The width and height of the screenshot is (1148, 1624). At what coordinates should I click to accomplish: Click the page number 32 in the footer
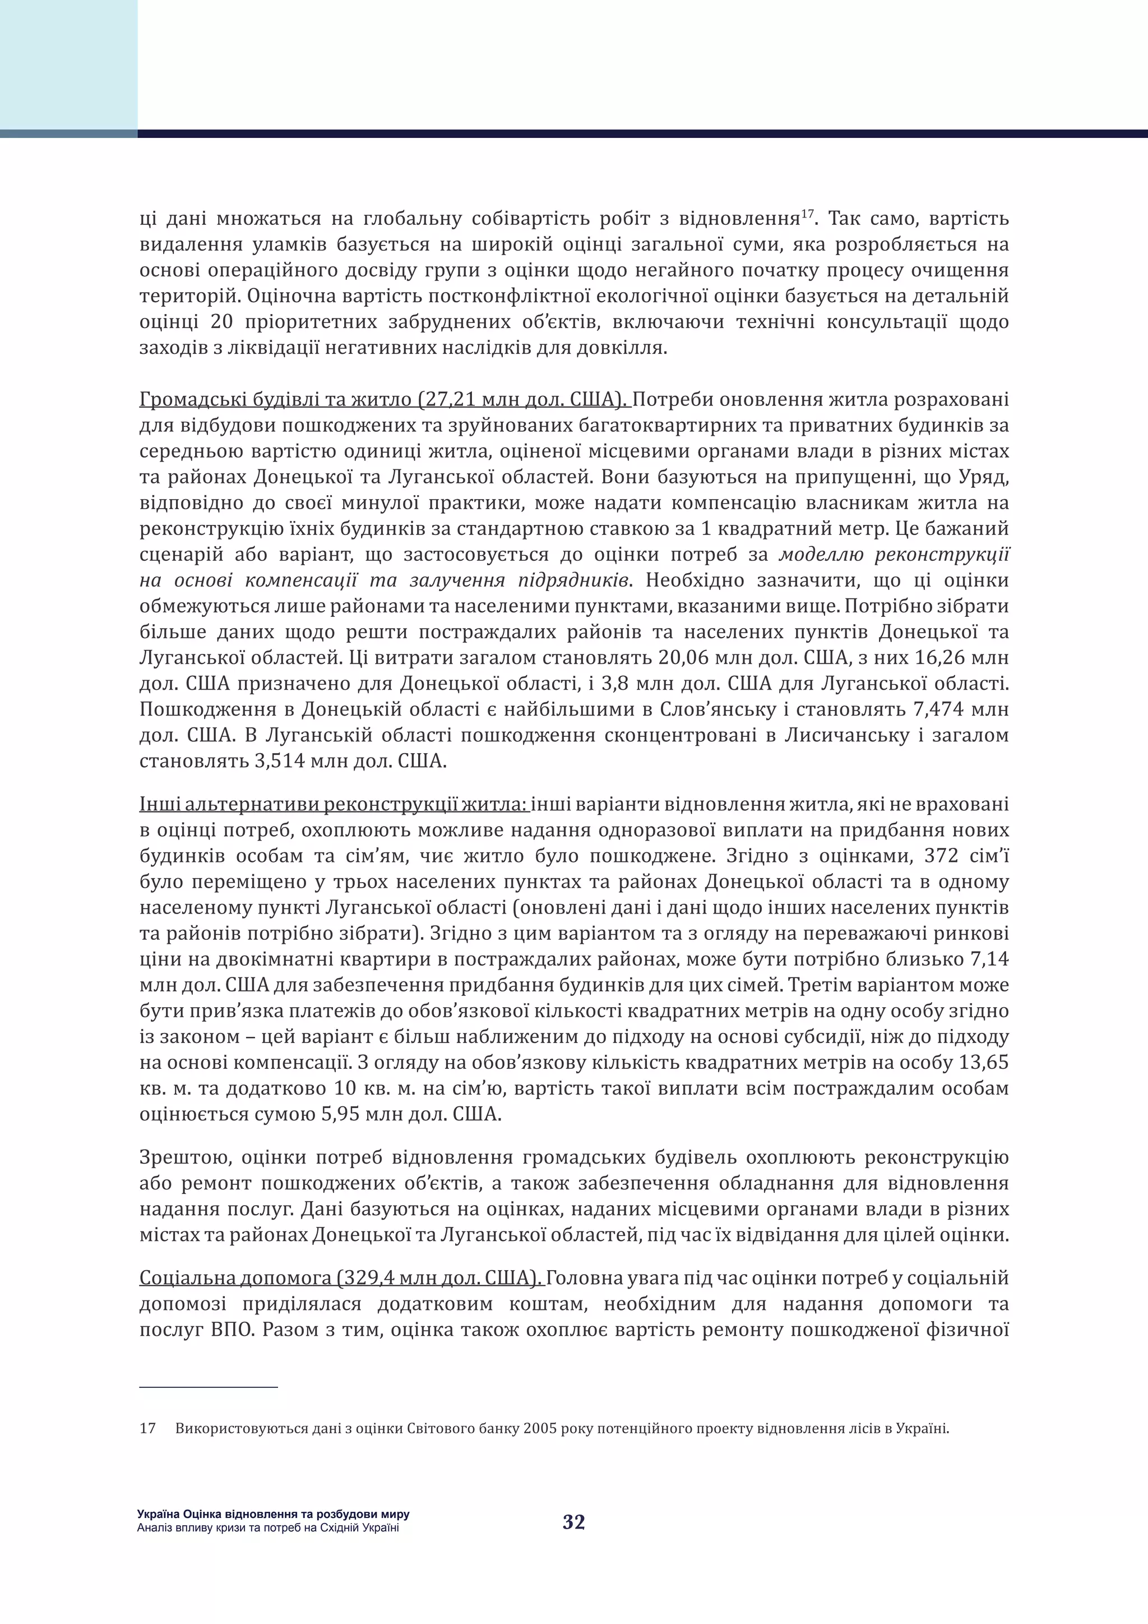pyautogui.click(x=573, y=1522)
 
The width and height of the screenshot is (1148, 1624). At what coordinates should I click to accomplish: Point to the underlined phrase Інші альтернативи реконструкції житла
pyautogui.click(x=333, y=804)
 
